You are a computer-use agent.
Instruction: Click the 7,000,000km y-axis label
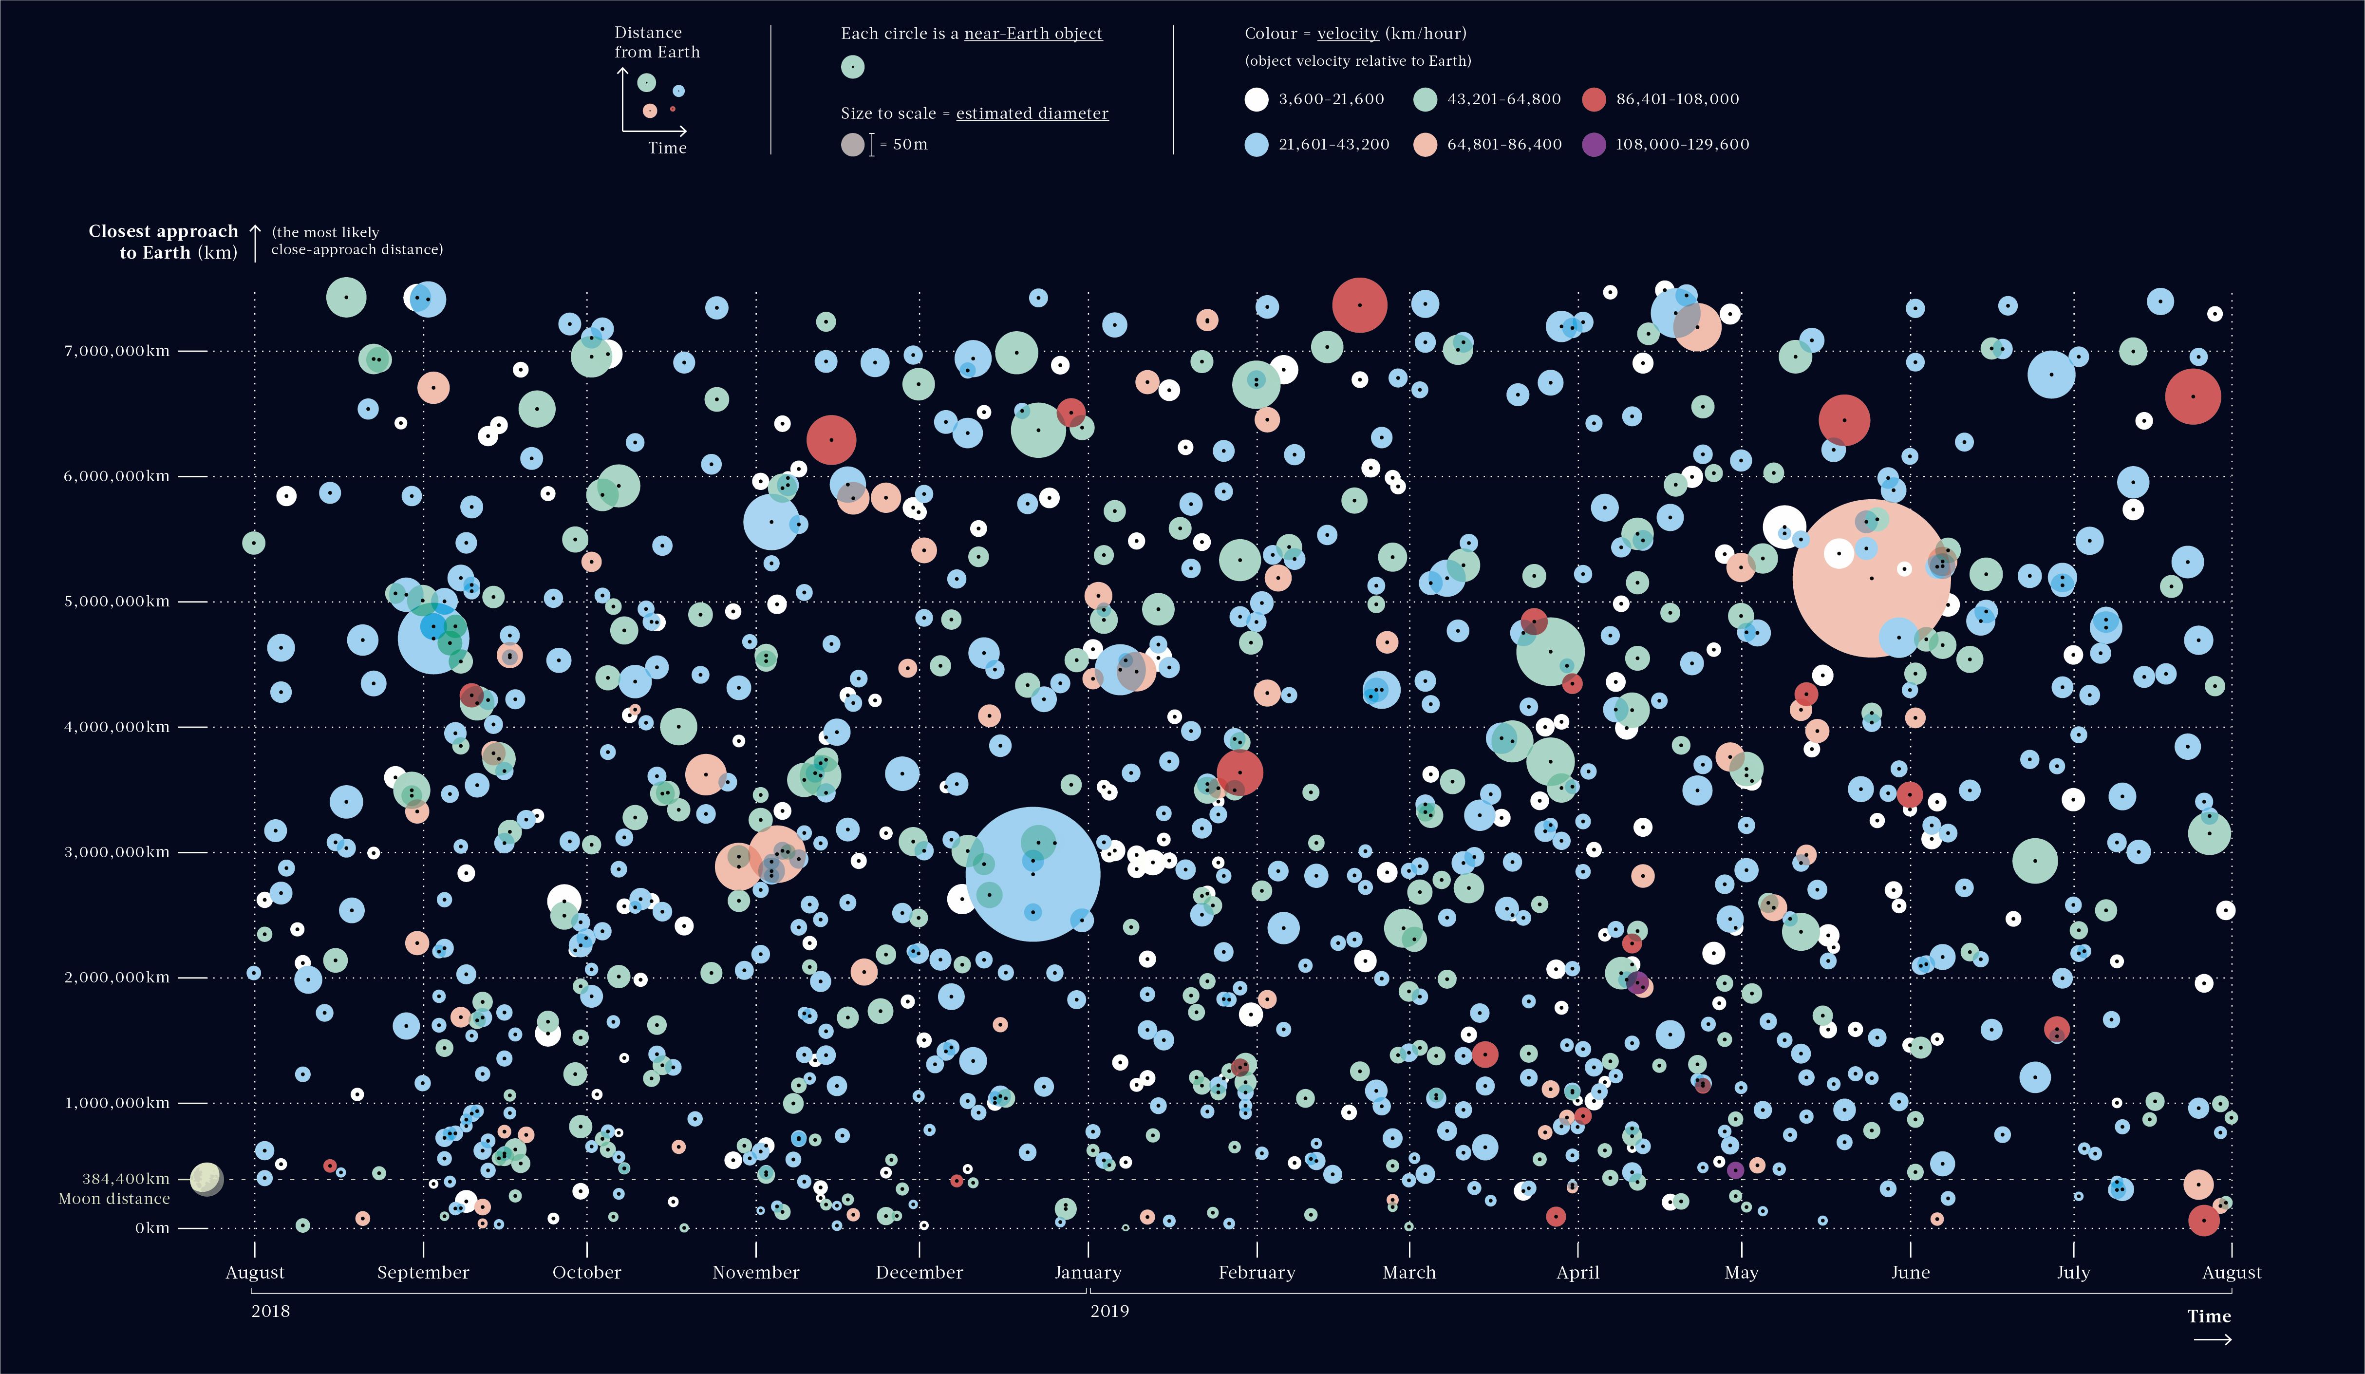(117, 351)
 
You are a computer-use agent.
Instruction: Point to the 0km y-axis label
(152, 1227)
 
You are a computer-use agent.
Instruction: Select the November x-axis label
(755, 1273)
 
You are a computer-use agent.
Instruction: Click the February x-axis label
(1257, 1273)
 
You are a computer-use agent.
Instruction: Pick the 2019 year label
(1109, 1311)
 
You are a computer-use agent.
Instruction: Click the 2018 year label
(270, 1311)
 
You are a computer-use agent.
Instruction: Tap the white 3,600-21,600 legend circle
(1256, 99)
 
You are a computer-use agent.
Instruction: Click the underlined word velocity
(1348, 34)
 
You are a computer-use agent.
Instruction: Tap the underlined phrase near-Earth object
(1033, 34)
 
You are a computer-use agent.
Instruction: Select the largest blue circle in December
(1032, 874)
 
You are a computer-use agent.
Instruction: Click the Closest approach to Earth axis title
(163, 241)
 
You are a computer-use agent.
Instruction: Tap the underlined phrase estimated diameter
(1032, 113)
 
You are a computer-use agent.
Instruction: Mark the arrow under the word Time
(2212, 1340)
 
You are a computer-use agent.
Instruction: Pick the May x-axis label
(1741, 1273)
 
